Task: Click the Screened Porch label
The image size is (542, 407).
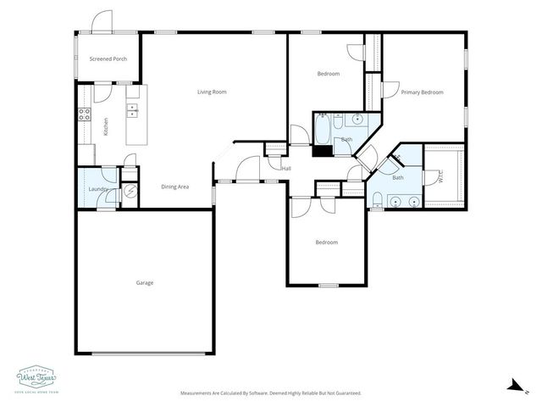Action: click(108, 59)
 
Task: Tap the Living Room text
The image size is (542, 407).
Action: click(212, 92)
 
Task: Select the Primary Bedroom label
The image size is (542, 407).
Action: click(423, 92)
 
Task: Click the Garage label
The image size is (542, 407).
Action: click(145, 282)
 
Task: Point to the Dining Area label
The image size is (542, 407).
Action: click(174, 186)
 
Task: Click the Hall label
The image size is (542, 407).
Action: click(286, 168)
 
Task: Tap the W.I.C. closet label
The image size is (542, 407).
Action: click(440, 176)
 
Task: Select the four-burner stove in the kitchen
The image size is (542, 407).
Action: click(85, 114)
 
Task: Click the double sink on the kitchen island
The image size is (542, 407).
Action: click(133, 110)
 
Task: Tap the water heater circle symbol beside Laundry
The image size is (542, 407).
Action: click(130, 192)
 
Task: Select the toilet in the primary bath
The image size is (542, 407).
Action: click(375, 199)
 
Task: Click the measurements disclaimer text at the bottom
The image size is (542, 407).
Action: click(270, 393)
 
